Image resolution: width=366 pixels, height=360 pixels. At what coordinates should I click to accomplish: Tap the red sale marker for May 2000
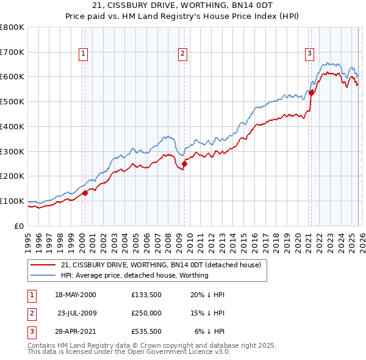click(85, 193)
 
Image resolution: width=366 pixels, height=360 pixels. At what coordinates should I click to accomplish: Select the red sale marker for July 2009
click(184, 164)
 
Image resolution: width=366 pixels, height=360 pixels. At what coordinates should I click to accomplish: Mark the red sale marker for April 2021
click(310, 93)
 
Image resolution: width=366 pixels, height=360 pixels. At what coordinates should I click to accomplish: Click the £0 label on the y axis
click(19, 226)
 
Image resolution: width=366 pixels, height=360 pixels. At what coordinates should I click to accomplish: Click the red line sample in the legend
click(43, 265)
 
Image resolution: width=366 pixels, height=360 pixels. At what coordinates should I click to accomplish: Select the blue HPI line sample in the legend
click(43, 275)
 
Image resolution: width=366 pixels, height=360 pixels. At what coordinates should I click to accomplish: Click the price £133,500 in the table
click(146, 295)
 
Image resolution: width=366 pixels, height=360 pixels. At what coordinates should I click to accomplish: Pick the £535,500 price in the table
click(146, 331)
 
